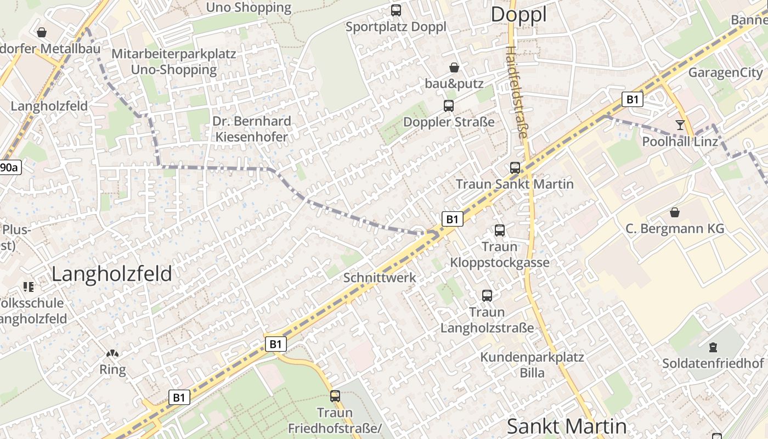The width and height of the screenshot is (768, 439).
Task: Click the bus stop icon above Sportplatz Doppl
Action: [x=396, y=10]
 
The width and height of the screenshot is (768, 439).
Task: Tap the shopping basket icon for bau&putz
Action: [x=454, y=67]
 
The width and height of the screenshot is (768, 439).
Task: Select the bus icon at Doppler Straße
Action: [x=449, y=105]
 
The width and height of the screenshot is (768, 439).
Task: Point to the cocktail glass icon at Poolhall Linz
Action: [x=680, y=125]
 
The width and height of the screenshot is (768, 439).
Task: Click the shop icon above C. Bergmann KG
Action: [x=675, y=212]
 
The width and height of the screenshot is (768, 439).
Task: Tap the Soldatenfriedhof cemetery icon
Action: [x=713, y=347]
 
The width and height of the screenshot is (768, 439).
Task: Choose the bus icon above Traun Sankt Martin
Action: [x=515, y=168]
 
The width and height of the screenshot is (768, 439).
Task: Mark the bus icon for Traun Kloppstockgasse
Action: [x=499, y=230]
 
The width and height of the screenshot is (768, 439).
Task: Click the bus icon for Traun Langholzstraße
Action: [x=487, y=296]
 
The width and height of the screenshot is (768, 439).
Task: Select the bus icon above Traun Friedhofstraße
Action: [x=335, y=396]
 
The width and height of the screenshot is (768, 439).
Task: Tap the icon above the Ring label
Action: [x=112, y=354]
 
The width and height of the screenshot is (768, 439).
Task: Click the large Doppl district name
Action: [x=518, y=15]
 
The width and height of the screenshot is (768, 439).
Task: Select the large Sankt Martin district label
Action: [x=566, y=426]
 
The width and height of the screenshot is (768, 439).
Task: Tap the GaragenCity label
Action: [x=725, y=72]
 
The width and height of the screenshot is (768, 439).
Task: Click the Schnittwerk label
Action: [x=380, y=278]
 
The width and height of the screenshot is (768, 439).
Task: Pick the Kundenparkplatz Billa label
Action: [x=532, y=365]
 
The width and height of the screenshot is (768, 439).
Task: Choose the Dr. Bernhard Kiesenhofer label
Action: [x=252, y=129]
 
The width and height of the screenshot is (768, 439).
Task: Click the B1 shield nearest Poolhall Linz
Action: [x=633, y=99]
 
